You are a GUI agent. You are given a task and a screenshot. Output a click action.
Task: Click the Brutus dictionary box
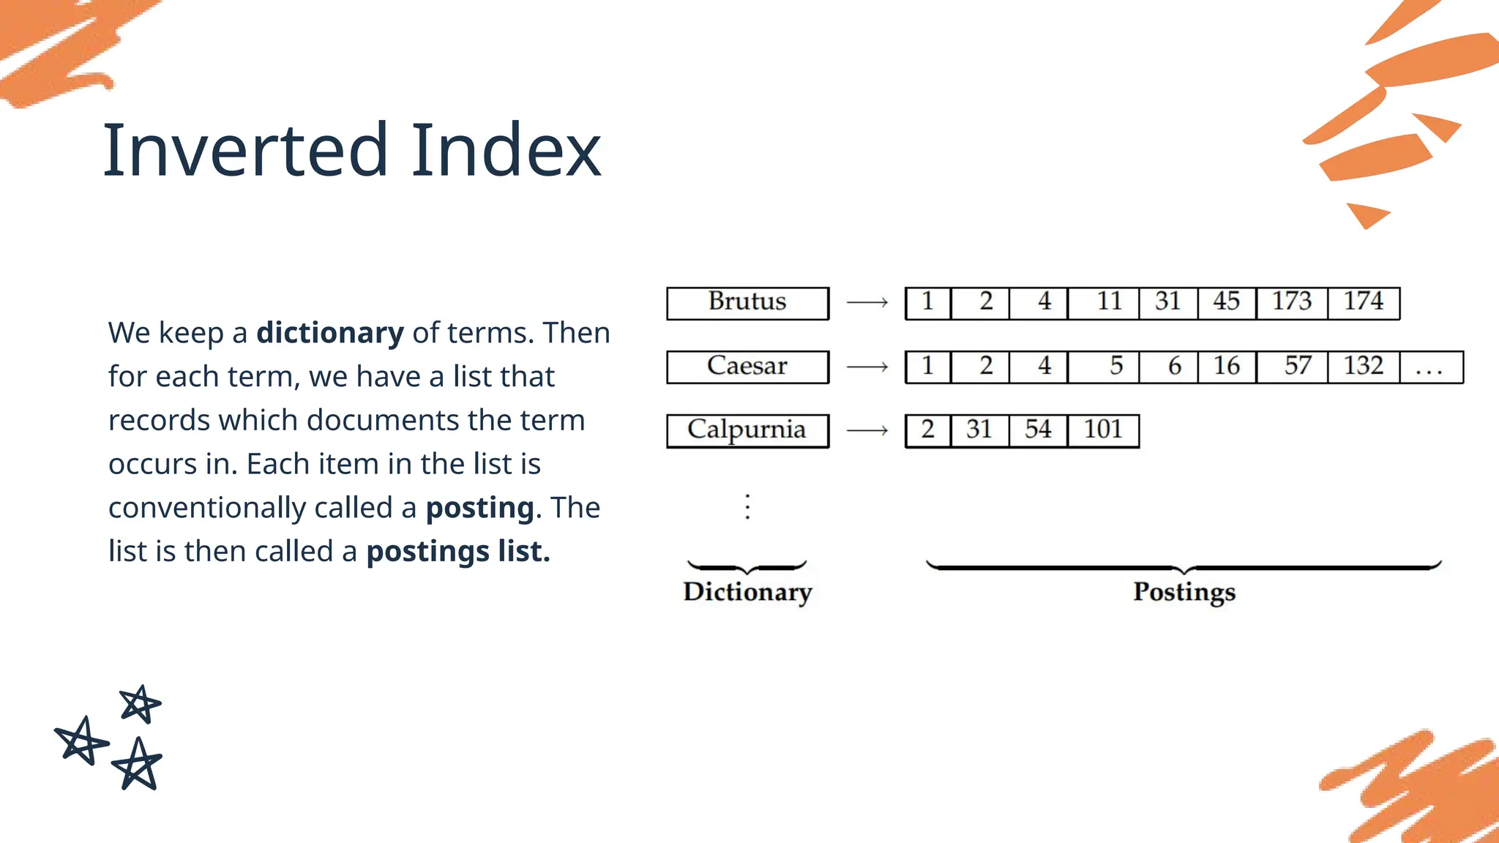pyautogui.click(x=747, y=303)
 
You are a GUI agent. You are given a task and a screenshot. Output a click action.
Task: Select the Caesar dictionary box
pyautogui.click(x=747, y=367)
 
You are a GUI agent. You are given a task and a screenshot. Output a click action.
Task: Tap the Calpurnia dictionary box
pyautogui.click(x=747, y=430)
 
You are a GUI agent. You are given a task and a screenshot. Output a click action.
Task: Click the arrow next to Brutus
pyautogui.click(x=867, y=302)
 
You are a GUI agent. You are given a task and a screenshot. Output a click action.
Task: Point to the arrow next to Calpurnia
pyautogui.click(x=867, y=430)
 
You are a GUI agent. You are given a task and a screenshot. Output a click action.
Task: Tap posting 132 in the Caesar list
pyautogui.click(x=1364, y=367)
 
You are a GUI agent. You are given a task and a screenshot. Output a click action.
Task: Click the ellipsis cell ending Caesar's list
pyautogui.click(x=1431, y=367)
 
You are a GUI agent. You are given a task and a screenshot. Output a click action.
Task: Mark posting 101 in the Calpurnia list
pyautogui.click(x=1103, y=430)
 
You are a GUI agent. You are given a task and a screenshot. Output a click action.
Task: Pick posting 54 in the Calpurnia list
pyautogui.click(x=1038, y=430)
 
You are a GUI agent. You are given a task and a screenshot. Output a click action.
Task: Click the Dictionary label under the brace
pyautogui.click(x=747, y=592)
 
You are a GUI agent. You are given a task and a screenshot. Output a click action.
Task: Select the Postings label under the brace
pyautogui.click(x=1184, y=592)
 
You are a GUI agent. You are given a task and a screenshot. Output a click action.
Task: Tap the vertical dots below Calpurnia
pyautogui.click(x=747, y=506)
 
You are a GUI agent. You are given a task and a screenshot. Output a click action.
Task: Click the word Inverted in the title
pyautogui.click(x=245, y=151)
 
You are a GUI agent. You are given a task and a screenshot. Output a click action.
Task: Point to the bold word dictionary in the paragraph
pyautogui.click(x=329, y=333)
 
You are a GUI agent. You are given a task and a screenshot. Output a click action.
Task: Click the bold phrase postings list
pyautogui.click(x=457, y=552)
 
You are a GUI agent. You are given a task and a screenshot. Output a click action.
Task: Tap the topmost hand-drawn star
pyautogui.click(x=140, y=704)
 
